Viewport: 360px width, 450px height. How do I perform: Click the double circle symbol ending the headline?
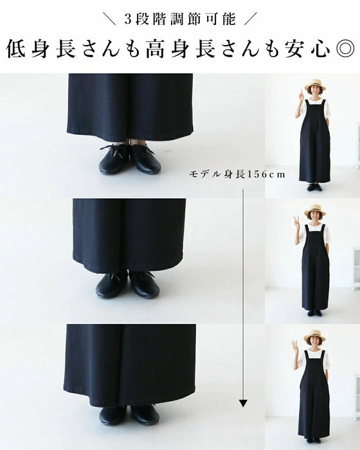coord(345,48)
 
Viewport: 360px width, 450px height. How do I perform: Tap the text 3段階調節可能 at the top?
coord(180,19)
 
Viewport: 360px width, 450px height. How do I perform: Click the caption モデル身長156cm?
coord(237,174)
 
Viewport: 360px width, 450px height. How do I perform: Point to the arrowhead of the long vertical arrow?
coord(243,403)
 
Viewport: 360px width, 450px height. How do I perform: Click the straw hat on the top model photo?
coord(315,85)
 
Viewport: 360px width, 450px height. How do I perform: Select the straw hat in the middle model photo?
coord(315,212)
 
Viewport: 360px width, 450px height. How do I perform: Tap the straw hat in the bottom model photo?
coord(314,337)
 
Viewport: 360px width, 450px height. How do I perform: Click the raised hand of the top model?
coord(300,96)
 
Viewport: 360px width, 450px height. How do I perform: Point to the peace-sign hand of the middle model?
coord(296,222)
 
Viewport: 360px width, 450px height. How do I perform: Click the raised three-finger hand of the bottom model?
coord(295,346)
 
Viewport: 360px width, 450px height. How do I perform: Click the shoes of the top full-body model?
coord(314,187)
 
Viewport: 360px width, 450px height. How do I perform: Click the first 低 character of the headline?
coord(16,49)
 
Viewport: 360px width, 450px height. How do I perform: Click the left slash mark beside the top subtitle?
coord(110,19)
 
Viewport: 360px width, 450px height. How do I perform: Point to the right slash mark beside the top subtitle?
coord(250,19)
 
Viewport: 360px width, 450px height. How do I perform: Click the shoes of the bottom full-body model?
coord(313,440)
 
